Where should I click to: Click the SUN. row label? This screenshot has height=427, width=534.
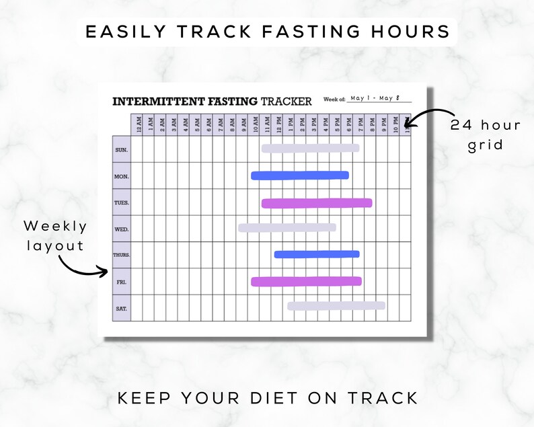point(121,150)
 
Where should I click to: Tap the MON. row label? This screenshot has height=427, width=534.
point(121,176)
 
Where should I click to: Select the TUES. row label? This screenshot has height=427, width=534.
point(121,202)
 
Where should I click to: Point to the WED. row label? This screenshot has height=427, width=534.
point(121,229)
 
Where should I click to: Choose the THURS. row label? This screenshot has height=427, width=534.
point(121,256)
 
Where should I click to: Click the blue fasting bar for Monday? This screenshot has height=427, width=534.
point(300,176)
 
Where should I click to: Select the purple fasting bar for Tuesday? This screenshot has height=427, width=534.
point(316,203)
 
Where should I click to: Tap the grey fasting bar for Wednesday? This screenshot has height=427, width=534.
point(287,227)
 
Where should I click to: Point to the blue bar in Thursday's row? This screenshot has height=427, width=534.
point(317,254)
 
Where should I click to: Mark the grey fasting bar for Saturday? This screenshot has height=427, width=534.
point(336,305)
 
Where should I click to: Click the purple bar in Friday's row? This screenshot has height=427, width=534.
point(306,281)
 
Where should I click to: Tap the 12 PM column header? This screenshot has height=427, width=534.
point(278,124)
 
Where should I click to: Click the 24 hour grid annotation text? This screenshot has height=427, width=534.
point(486,135)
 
